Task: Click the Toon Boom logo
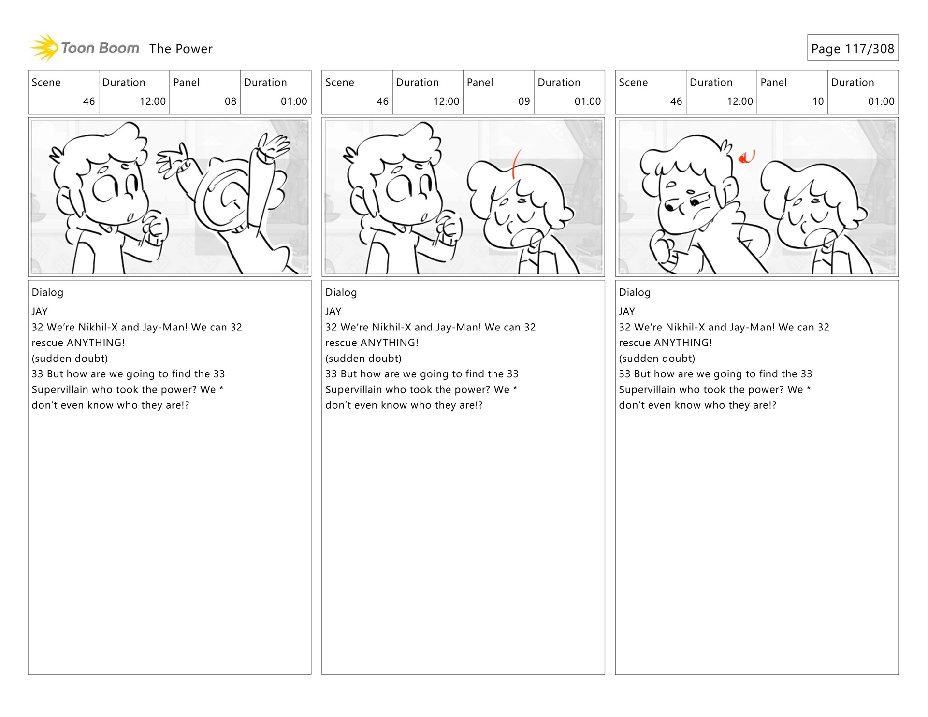85,48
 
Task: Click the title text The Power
181,49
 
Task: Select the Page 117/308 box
853,48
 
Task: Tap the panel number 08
231,101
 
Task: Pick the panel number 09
524,101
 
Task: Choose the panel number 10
818,101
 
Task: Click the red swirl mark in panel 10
747,157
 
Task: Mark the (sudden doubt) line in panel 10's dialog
657,358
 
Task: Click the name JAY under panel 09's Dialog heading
333,312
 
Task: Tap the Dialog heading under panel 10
635,292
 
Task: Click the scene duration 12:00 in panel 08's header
153,101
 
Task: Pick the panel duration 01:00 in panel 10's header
881,101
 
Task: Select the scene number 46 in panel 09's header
382,101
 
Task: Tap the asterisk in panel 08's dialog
221,388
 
